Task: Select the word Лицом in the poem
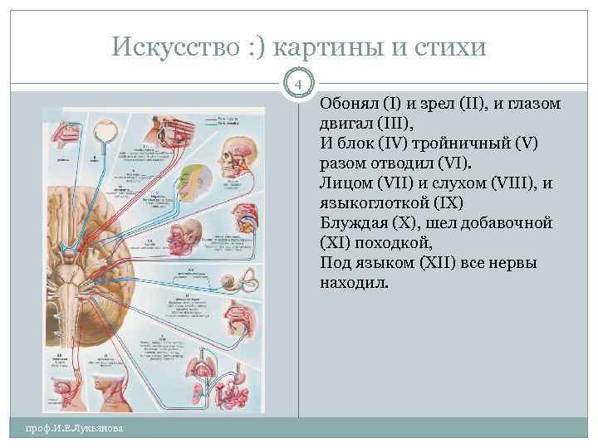tap(342, 183)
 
